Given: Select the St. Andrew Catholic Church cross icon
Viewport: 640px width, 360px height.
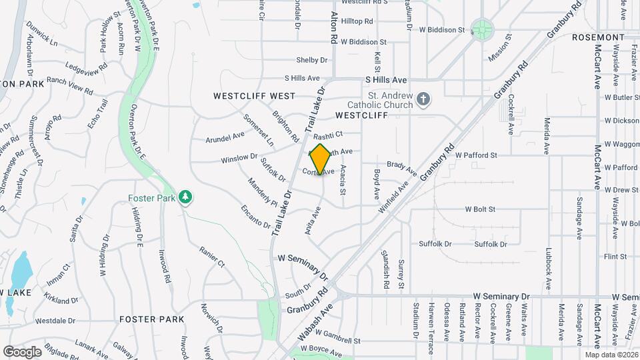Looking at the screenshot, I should pyautogui.click(x=422, y=100).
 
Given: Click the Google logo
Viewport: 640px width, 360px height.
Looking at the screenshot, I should pyautogui.click(x=23, y=351).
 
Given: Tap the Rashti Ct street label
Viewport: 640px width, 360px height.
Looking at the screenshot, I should pyautogui.click(x=329, y=134).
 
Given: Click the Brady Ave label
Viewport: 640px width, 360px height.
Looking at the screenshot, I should pyautogui.click(x=402, y=165).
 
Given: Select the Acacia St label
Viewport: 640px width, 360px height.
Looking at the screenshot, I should pyautogui.click(x=343, y=180).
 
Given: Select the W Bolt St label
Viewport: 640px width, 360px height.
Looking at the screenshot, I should pyautogui.click(x=479, y=209).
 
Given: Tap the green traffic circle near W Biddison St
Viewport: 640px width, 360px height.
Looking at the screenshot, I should pyautogui.click(x=481, y=29).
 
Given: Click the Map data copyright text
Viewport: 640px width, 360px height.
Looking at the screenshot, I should pyautogui.click(x=611, y=355).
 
